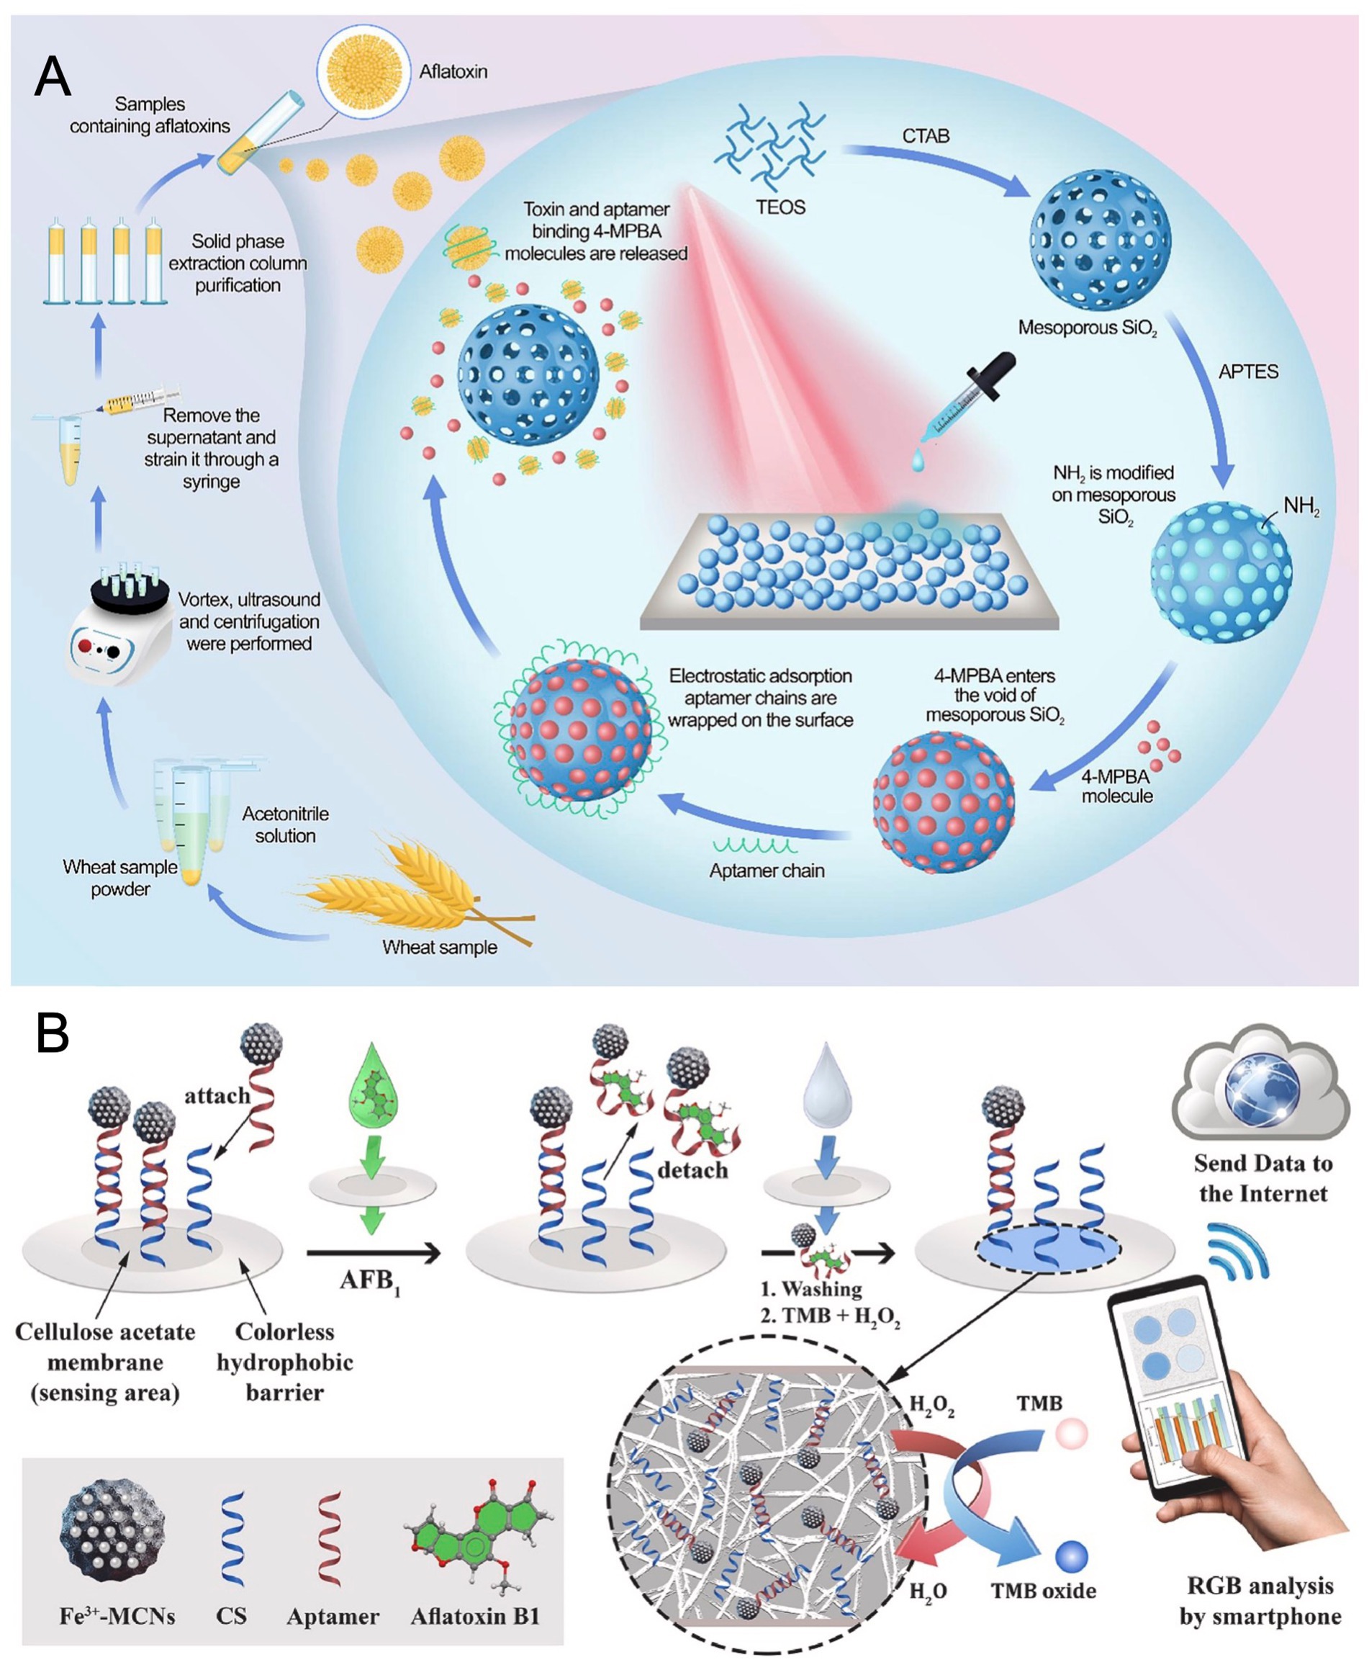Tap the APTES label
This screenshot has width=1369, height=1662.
1247,372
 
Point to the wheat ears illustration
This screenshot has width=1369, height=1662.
410,879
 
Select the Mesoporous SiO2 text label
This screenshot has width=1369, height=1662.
1087,328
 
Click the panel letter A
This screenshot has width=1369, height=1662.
53,77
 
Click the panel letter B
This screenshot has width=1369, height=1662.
52,1033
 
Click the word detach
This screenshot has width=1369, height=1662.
692,1169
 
